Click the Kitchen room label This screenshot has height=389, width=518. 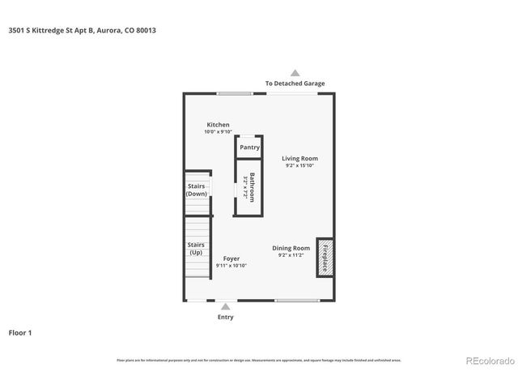point(218,125)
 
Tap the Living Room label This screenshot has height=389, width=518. point(299,158)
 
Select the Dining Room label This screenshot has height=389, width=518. point(291,248)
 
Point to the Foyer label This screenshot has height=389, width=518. point(231,259)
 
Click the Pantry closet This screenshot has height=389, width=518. point(249,147)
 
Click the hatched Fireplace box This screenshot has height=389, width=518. point(325,258)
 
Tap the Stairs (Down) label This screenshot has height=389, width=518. point(197,190)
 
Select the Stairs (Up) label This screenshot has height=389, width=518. point(196,249)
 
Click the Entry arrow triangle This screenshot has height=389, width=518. point(225,306)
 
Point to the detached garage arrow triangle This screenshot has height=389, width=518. point(295,73)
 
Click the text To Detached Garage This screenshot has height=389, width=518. point(295,83)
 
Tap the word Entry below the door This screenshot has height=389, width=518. point(225,317)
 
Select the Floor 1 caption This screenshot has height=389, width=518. point(20,332)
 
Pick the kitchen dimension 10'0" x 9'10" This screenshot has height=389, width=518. point(218,132)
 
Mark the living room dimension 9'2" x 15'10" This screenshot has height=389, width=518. point(299,165)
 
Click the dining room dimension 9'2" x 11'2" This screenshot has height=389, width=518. point(291,255)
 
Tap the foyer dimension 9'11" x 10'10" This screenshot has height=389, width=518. point(231,266)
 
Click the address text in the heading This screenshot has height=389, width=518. point(81,30)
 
